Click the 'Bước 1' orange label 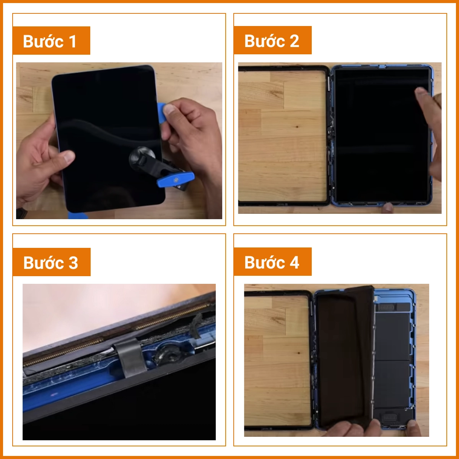(x=52, y=41)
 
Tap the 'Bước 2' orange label (x=272, y=40)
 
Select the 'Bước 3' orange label (x=52, y=262)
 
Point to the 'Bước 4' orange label (x=272, y=262)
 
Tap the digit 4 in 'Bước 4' (x=294, y=262)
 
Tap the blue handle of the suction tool (x=176, y=179)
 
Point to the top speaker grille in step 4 (x=386, y=307)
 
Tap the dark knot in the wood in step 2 (x=297, y=127)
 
